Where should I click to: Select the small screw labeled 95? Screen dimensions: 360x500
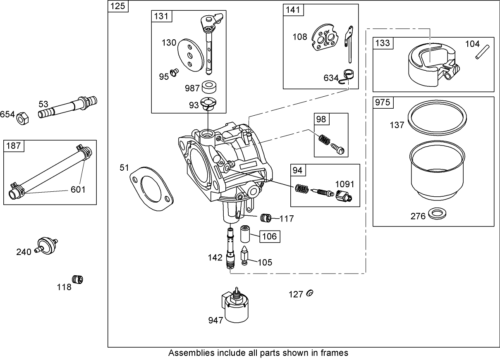[175, 72]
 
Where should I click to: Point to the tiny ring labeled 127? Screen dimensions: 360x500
[310, 293]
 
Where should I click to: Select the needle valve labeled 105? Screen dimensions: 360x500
[245, 257]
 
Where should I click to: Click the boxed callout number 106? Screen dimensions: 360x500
[269, 236]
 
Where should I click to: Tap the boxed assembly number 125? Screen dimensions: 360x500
[118, 7]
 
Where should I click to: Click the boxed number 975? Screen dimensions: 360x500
[383, 103]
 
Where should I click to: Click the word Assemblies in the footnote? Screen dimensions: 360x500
[191, 353]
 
